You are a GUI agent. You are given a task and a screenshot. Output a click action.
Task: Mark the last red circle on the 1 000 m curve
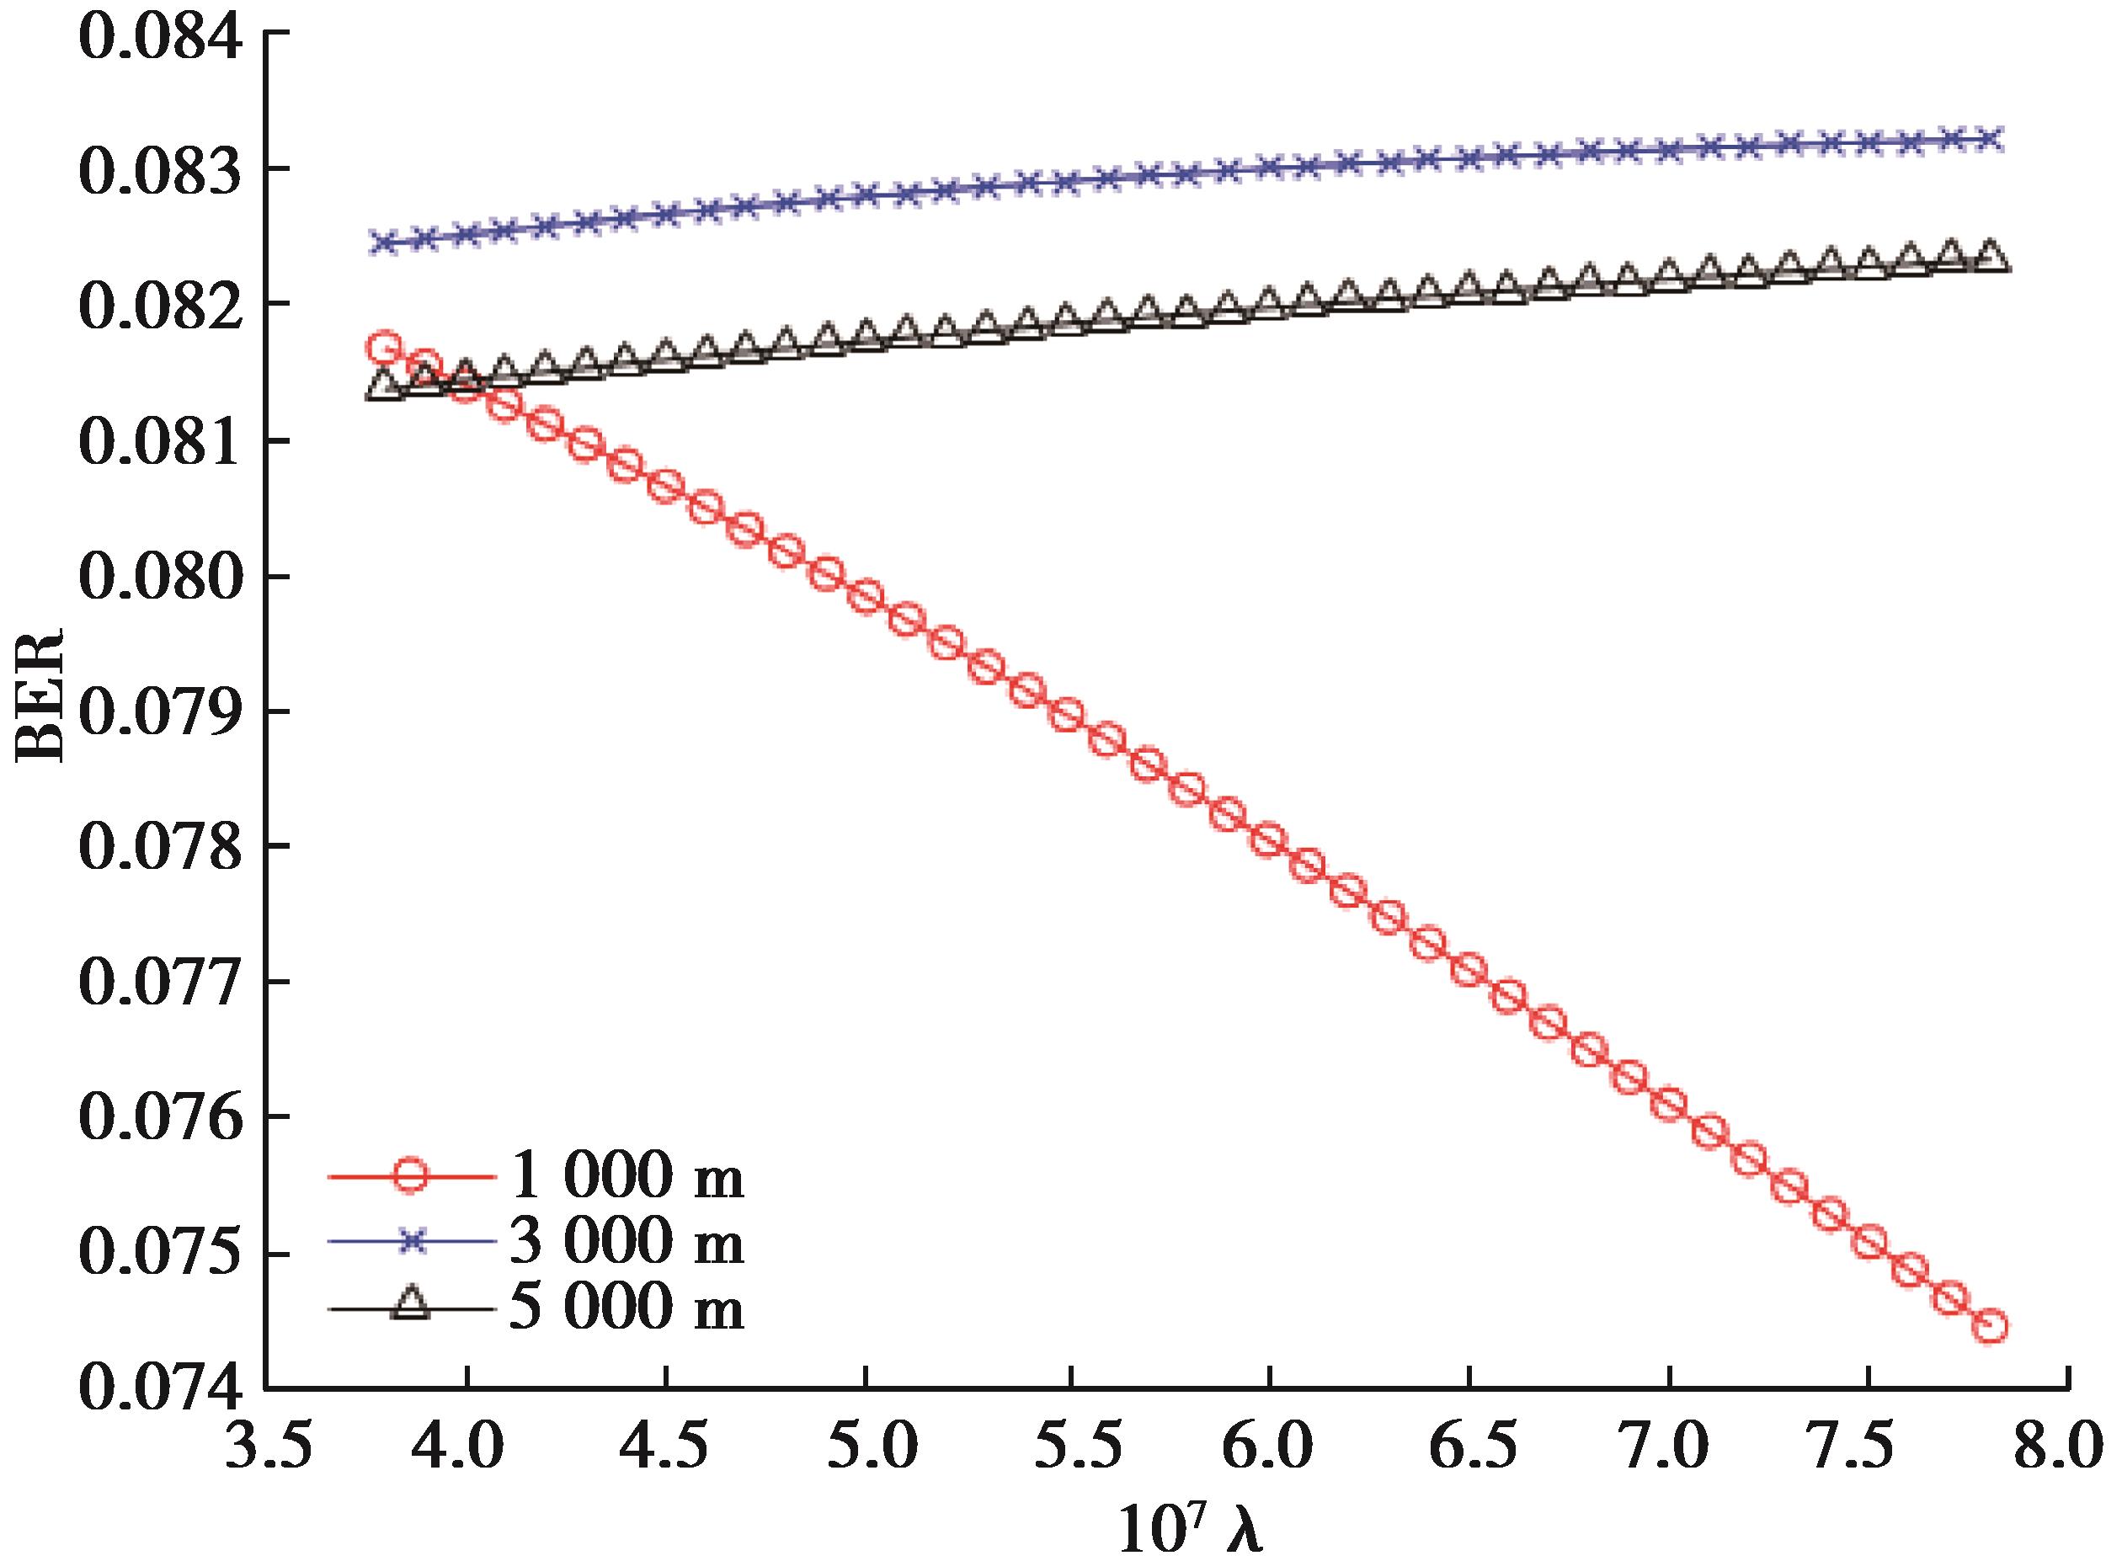click(x=1991, y=1326)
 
